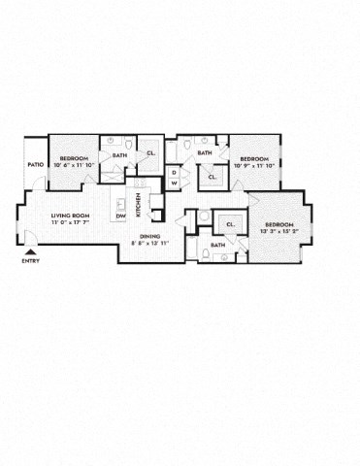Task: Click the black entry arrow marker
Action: pos(29,251)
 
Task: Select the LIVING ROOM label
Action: pos(70,216)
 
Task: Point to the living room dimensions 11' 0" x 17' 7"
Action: pos(70,224)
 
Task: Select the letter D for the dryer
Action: pos(174,172)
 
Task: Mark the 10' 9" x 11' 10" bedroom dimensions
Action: pos(254,165)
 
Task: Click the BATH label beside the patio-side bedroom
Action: pos(119,155)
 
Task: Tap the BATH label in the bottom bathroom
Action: pos(217,245)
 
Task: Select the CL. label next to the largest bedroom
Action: pos(231,224)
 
